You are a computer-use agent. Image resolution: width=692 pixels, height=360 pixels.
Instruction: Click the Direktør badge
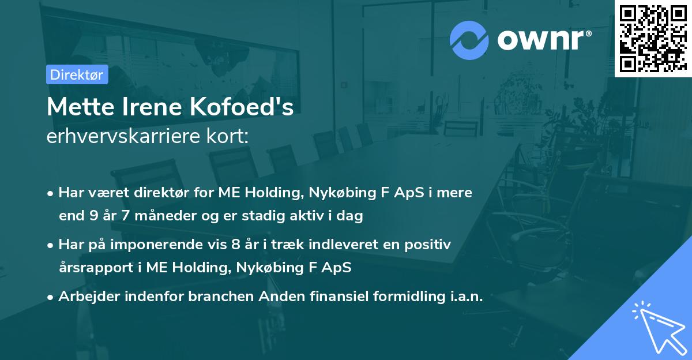tap(77, 74)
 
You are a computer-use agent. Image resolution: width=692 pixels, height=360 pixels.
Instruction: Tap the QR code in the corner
tap(653, 38)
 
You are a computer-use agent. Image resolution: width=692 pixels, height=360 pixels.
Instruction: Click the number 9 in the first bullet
tap(94, 216)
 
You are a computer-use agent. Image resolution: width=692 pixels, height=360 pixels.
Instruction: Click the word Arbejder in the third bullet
tap(86, 296)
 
